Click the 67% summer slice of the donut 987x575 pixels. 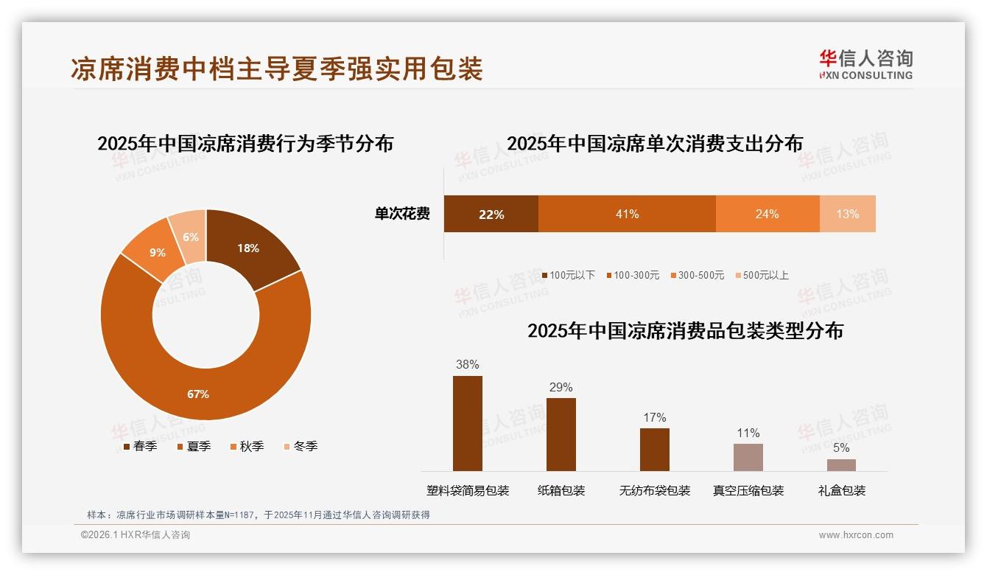click(x=198, y=394)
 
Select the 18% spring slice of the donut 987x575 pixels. click(x=248, y=248)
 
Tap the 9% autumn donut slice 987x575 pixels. click(x=157, y=252)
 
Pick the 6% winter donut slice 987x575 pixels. click(x=190, y=237)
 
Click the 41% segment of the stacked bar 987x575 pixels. click(x=627, y=214)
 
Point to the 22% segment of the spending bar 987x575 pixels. click(x=491, y=214)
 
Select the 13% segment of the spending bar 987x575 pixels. click(x=847, y=214)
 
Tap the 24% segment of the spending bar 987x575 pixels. click(x=767, y=214)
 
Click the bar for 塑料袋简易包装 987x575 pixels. click(x=467, y=423)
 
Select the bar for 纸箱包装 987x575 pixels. click(x=561, y=434)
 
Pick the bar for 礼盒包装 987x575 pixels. click(x=841, y=464)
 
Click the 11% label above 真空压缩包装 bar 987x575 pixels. click(x=748, y=433)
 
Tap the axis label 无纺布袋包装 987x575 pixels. click(x=655, y=490)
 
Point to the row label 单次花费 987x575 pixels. click(x=401, y=214)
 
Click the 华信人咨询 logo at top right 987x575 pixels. click(x=865, y=64)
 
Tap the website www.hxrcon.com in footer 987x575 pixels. click(x=856, y=535)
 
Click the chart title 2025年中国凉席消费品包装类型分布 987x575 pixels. click(x=685, y=330)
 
